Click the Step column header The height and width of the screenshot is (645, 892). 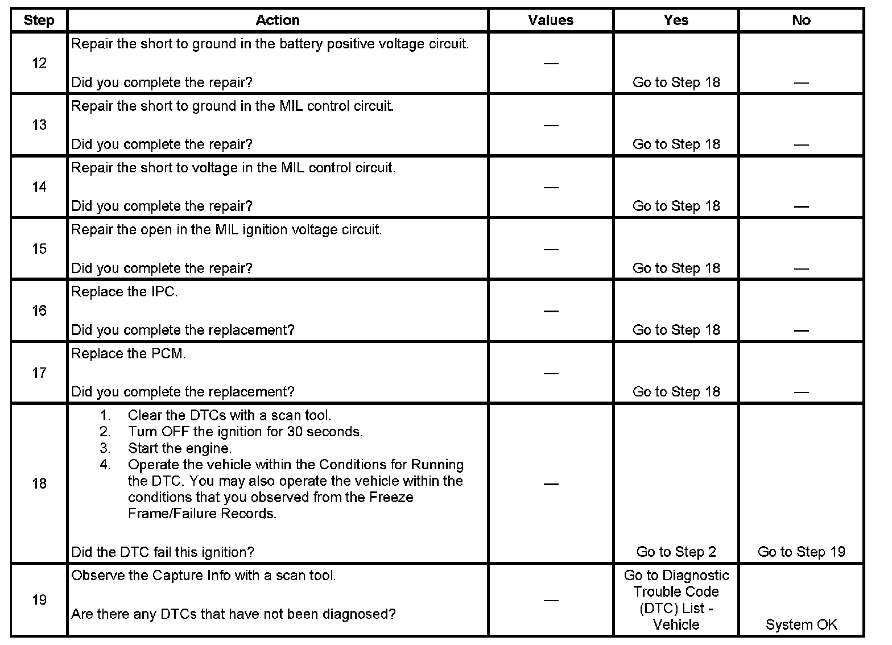(x=39, y=20)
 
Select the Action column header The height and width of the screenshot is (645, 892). (x=277, y=20)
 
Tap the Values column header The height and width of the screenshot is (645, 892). (x=550, y=20)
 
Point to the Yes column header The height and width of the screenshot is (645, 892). (x=676, y=20)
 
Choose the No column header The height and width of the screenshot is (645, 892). (x=801, y=20)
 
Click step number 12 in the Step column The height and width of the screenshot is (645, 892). (x=39, y=63)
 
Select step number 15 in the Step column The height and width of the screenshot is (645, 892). (x=39, y=249)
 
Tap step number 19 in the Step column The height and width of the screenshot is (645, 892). (x=39, y=600)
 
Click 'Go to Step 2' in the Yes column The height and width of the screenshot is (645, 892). (x=676, y=552)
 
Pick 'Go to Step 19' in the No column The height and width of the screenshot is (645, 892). (x=801, y=552)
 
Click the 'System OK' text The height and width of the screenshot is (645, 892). (x=801, y=625)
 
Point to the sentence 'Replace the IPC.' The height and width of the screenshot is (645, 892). (x=125, y=292)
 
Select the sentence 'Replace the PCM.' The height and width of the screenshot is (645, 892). (x=129, y=354)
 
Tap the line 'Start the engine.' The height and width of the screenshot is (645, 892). (x=180, y=448)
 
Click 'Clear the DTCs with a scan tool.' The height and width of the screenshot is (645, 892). (x=229, y=415)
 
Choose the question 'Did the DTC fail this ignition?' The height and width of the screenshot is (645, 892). (x=163, y=552)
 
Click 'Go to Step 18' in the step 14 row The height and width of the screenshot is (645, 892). (x=676, y=206)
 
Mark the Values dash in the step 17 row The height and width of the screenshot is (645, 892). (x=550, y=373)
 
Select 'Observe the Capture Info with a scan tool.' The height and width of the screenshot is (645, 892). (x=204, y=576)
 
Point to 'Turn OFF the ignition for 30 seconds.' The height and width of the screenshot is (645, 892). (x=245, y=432)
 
